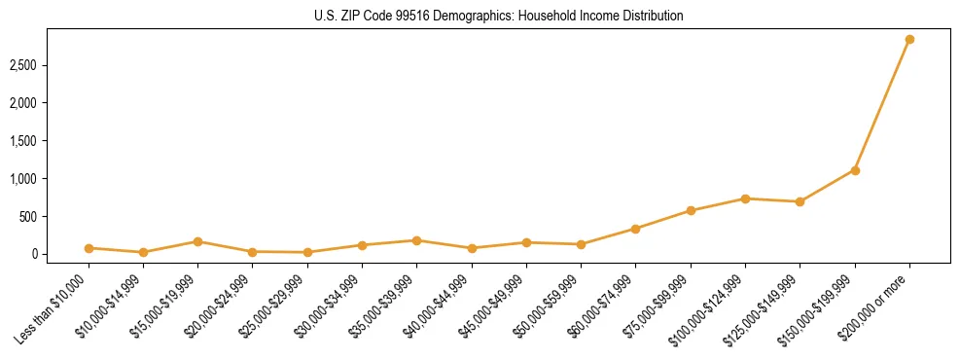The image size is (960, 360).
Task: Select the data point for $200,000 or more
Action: pyautogui.click(x=909, y=40)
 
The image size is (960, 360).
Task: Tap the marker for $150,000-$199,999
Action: pyautogui.click(x=855, y=170)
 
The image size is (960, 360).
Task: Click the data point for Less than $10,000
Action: pyautogui.click(x=89, y=248)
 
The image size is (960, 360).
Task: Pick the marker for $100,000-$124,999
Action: pyautogui.click(x=745, y=198)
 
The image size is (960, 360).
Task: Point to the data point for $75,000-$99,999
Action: pyautogui.click(x=691, y=210)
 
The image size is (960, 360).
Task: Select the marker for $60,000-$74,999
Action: pyautogui.click(x=635, y=229)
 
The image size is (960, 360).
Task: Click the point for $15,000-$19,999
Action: pyautogui.click(x=197, y=241)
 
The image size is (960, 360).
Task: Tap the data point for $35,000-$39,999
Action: pyautogui.click(x=416, y=240)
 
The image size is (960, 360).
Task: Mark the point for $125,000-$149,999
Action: pyautogui.click(x=800, y=201)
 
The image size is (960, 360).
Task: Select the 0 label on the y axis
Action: pyautogui.click(x=44, y=255)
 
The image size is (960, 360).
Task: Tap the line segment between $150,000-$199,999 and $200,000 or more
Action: pyautogui.click(x=882, y=105)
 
